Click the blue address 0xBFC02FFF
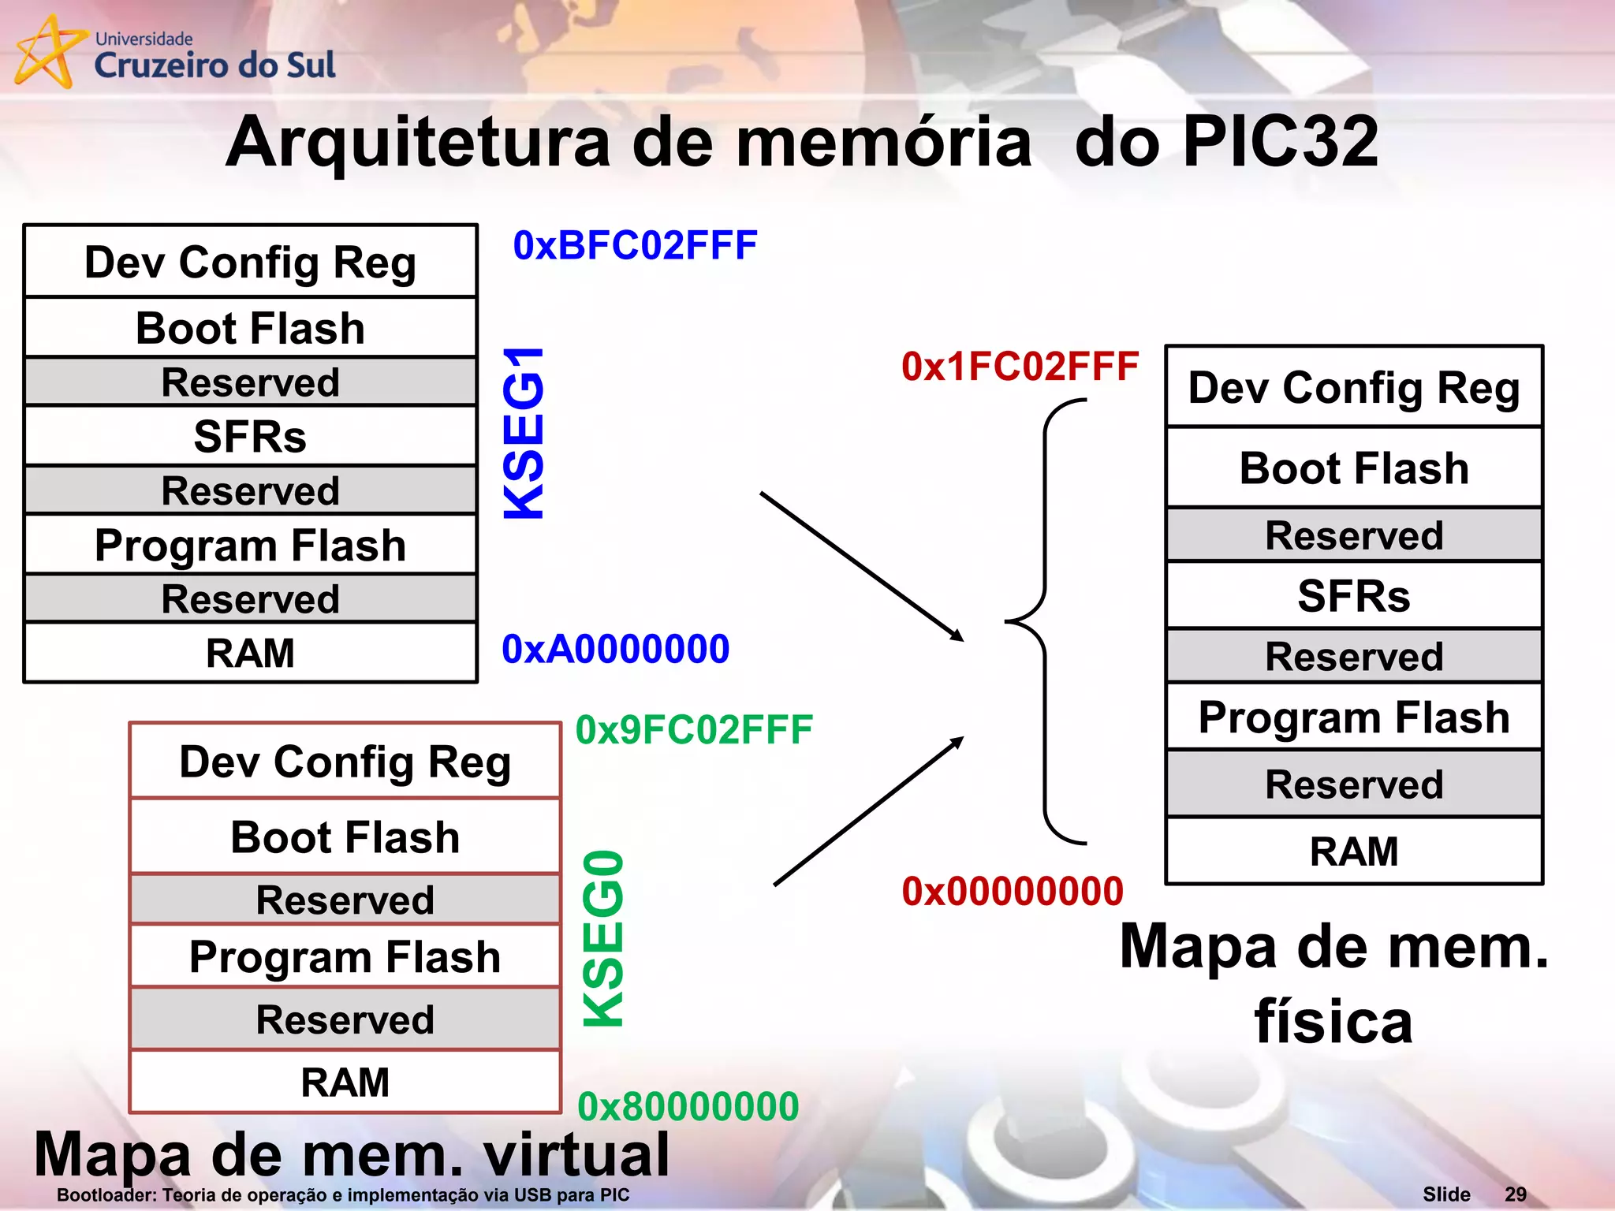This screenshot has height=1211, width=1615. tap(635, 245)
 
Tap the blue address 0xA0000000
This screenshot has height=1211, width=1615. tap(615, 649)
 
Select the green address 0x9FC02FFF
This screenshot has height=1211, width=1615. tap(694, 729)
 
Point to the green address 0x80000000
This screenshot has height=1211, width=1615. tap(688, 1106)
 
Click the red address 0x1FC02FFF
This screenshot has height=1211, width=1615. tap(1020, 367)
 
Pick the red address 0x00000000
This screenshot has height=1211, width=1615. tap(1012, 891)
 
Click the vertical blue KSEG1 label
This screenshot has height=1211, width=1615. tap(524, 434)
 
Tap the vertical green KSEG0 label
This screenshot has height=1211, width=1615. tap(604, 938)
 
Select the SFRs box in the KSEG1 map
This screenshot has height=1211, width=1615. tap(250, 436)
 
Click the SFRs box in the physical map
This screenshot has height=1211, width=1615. tap(1353, 595)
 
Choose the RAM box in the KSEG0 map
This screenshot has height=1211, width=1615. tap(345, 1082)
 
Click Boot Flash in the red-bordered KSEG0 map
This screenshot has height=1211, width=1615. tap(345, 837)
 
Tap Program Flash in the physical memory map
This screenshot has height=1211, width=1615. tap(1353, 717)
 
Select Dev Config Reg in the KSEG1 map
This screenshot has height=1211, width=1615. tap(250, 262)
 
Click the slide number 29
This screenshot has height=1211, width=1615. tap(1515, 1194)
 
